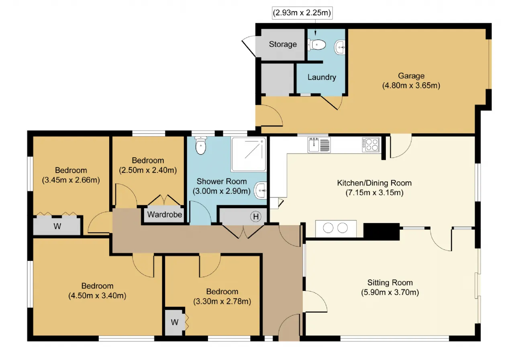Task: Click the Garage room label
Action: pyautogui.click(x=411, y=76)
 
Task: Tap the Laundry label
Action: pyautogui.click(x=322, y=77)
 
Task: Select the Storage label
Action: pyautogui.click(x=283, y=44)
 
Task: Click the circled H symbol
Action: pyautogui.click(x=256, y=216)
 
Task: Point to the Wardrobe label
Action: pyautogui.click(x=165, y=215)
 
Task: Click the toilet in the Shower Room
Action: pyautogui.click(x=200, y=146)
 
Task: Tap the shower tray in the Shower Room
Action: pyautogui.click(x=249, y=155)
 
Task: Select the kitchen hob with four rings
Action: pyautogui.click(x=371, y=145)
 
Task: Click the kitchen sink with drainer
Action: pyautogui.click(x=319, y=145)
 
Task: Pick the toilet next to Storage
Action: pyautogui.click(x=317, y=45)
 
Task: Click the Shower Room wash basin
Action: pyautogui.click(x=261, y=191)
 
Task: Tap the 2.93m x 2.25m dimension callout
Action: pyautogui.click(x=302, y=12)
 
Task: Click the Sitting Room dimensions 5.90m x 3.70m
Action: pyautogui.click(x=390, y=292)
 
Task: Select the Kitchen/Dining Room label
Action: pyautogui.click(x=374, y=183)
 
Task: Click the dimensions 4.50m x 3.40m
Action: pyautogui.click(x=97, y=295)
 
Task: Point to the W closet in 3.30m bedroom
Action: pyautogui.click(x=174, y=322)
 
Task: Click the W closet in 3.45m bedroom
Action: pyautogui.click(x=57, y=226)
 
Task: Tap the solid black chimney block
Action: pyautogui.click(x=381, y=232)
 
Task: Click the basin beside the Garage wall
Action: pyautogui.click(x=340, y=47)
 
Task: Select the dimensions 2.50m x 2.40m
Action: pyautogui.click(x=148, y=170)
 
